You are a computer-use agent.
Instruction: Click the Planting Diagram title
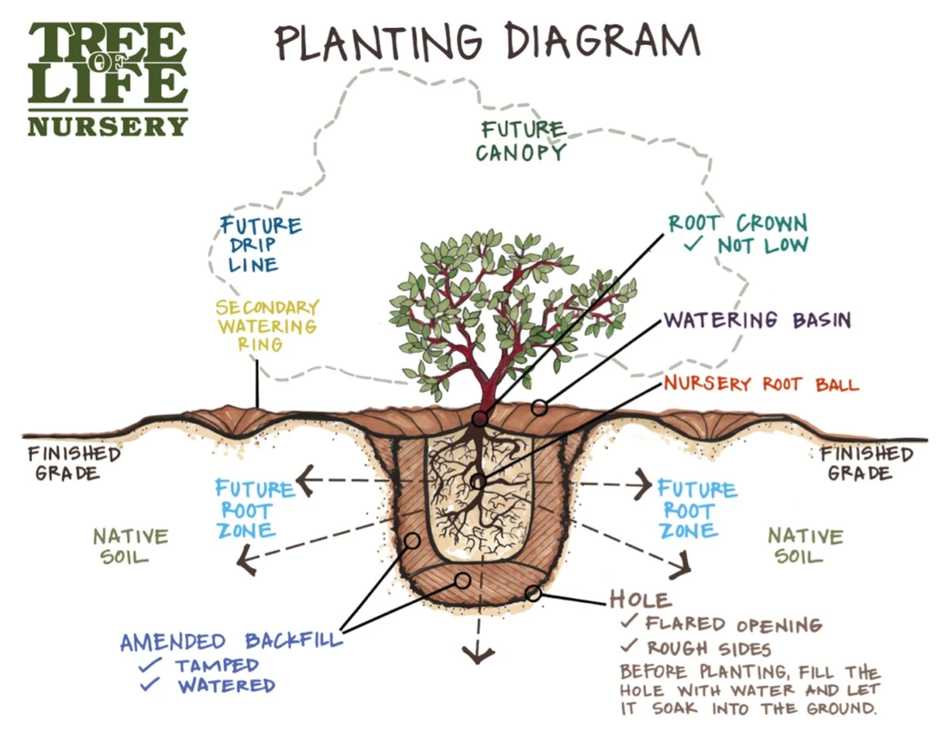pos(487,40)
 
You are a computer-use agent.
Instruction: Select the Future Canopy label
pos(521,140)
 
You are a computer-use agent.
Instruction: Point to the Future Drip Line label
pos(259,244)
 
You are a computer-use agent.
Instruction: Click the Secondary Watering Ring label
pos(267,325)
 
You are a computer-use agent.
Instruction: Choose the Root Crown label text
pos(737,224)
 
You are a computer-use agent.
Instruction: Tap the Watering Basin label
pos(757,321)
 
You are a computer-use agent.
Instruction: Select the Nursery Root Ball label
pos(761,384)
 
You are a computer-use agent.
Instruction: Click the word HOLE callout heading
pos(640,598)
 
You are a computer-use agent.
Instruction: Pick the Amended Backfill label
pos(230,641)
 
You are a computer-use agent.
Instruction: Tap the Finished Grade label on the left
pos(73,463)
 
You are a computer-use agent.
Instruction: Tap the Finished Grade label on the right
pos(866,463)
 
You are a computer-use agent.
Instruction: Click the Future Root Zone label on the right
pos(696,509)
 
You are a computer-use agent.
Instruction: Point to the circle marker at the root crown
pos(480,419)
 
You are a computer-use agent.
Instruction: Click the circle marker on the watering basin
pos(539,408)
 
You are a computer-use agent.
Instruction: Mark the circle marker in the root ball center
pos(478,482)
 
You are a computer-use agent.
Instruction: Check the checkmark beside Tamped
pos(151,664)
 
